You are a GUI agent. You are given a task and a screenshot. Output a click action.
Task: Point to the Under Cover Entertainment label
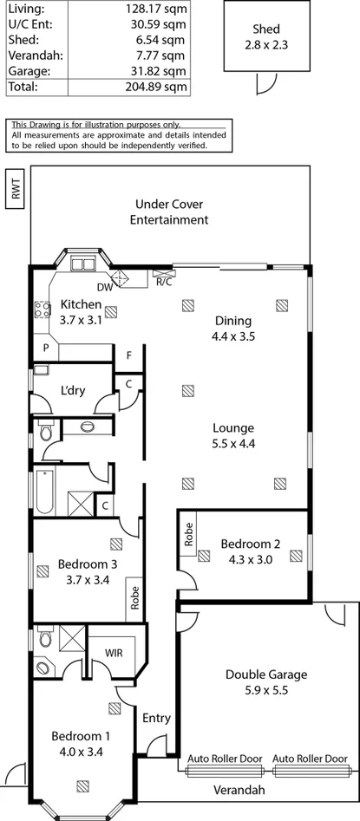[x=169, y=212]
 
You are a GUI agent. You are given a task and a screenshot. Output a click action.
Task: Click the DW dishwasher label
[x=104, y=287]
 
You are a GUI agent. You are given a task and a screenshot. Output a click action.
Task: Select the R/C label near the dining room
[x=163, y=282]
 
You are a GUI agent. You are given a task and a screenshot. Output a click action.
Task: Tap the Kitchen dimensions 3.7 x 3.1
[x=82, y=319]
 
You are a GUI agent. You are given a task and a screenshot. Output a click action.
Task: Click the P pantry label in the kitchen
[x=45, y=349]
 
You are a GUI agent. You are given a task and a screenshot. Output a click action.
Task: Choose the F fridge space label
[x=128, y=355]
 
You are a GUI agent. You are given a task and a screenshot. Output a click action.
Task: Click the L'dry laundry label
[x=73, y=390]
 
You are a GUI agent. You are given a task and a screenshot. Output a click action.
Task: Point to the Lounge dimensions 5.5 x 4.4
[x=231, y=443]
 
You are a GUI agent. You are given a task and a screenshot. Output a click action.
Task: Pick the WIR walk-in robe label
[x=114, y=653]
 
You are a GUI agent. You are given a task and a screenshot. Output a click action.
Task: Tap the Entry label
[x=156, y=718]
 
